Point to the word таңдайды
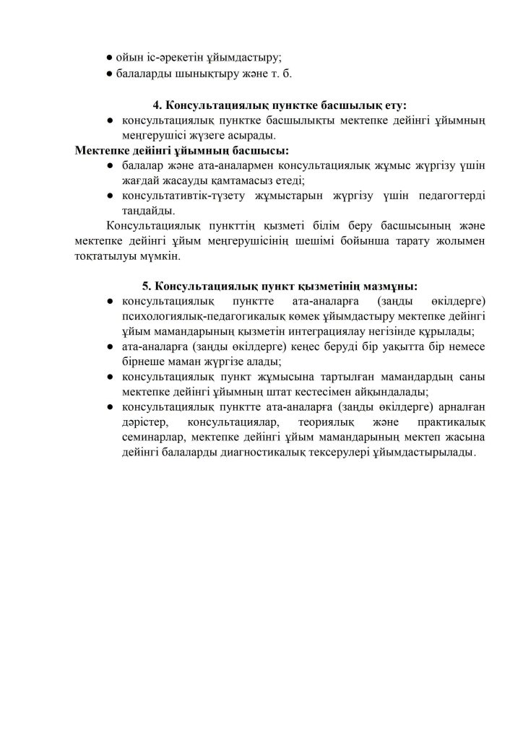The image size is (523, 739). click(x=148, y=211)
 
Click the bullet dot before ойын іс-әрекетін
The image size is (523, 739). click(x=108, y=56)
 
